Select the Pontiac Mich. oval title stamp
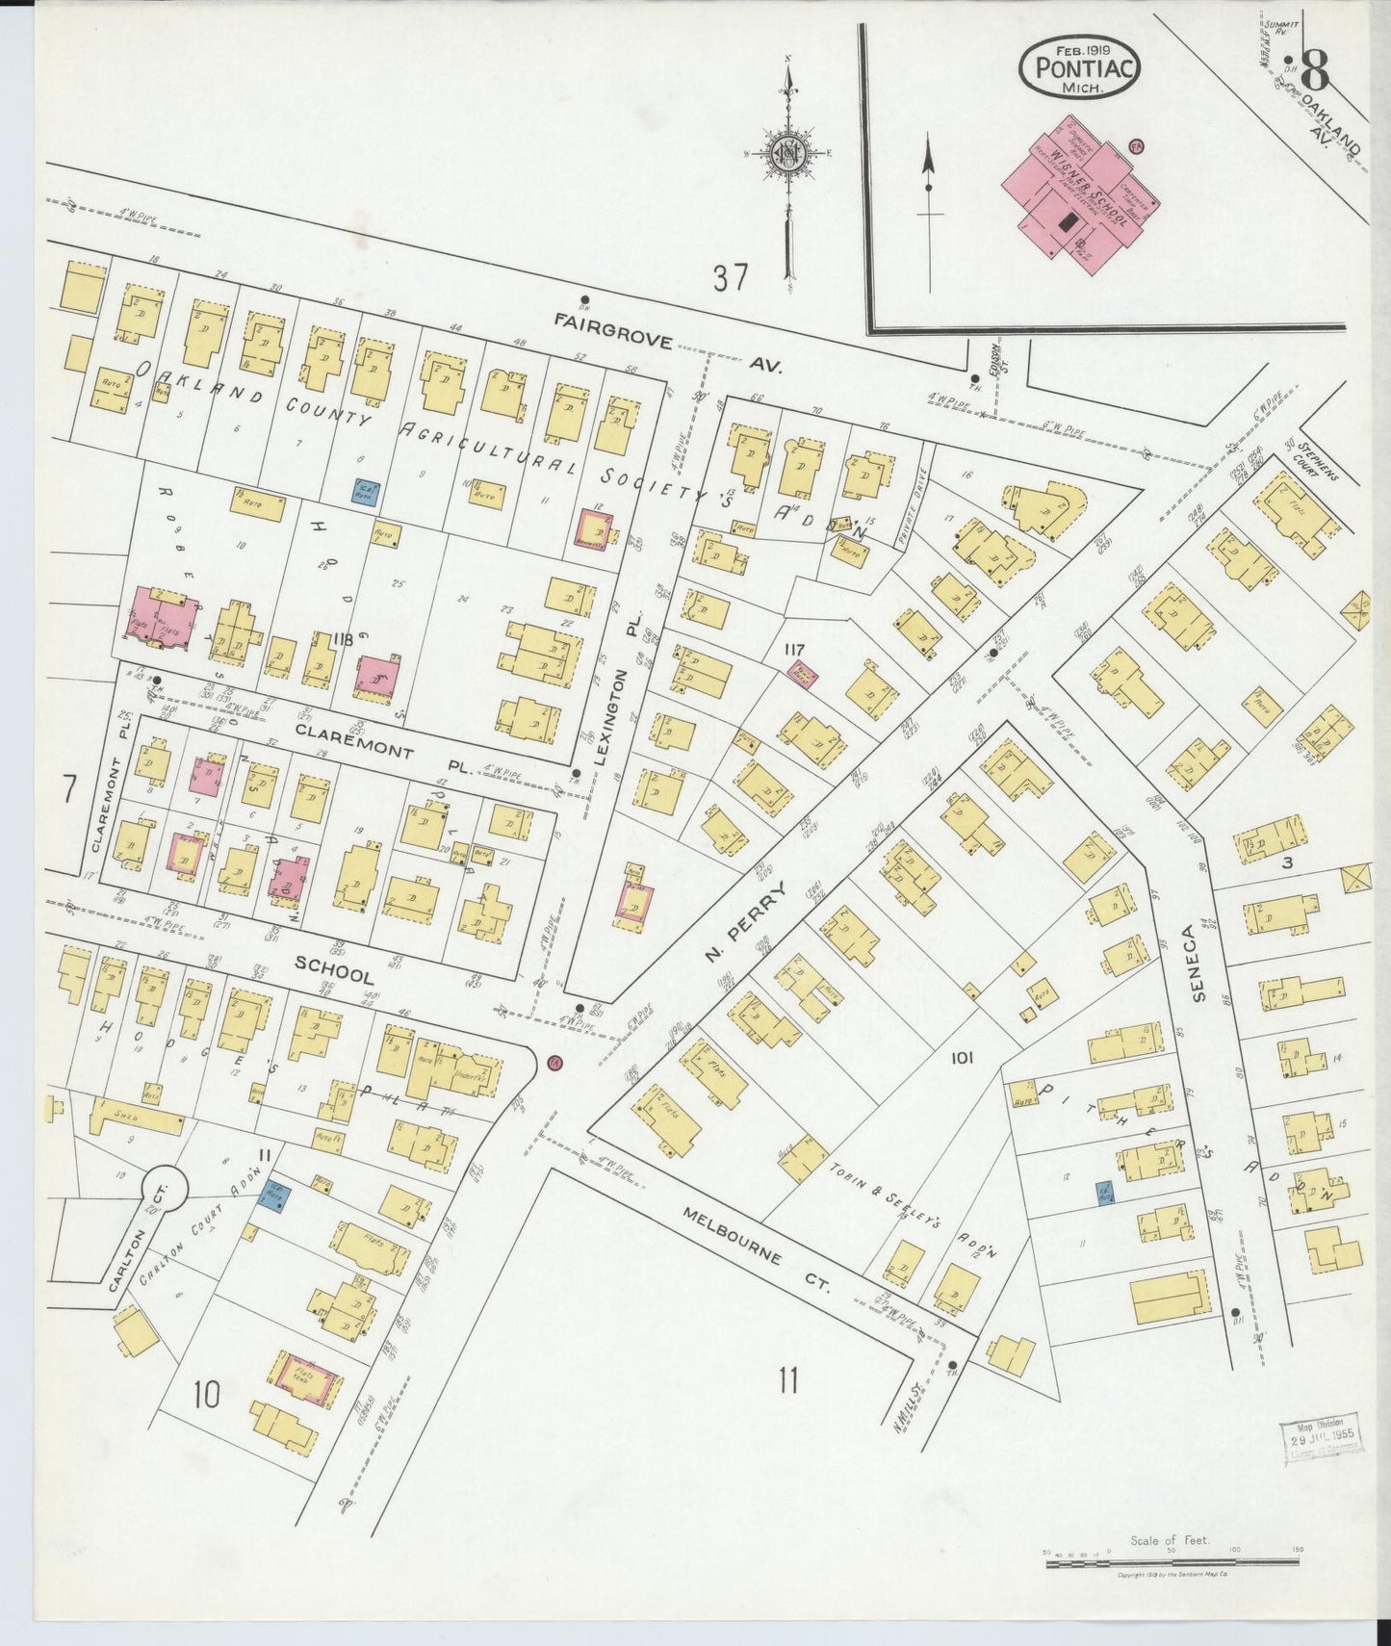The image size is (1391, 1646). tap(1080, 68)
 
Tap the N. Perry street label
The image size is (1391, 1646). tap(746, 924)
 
